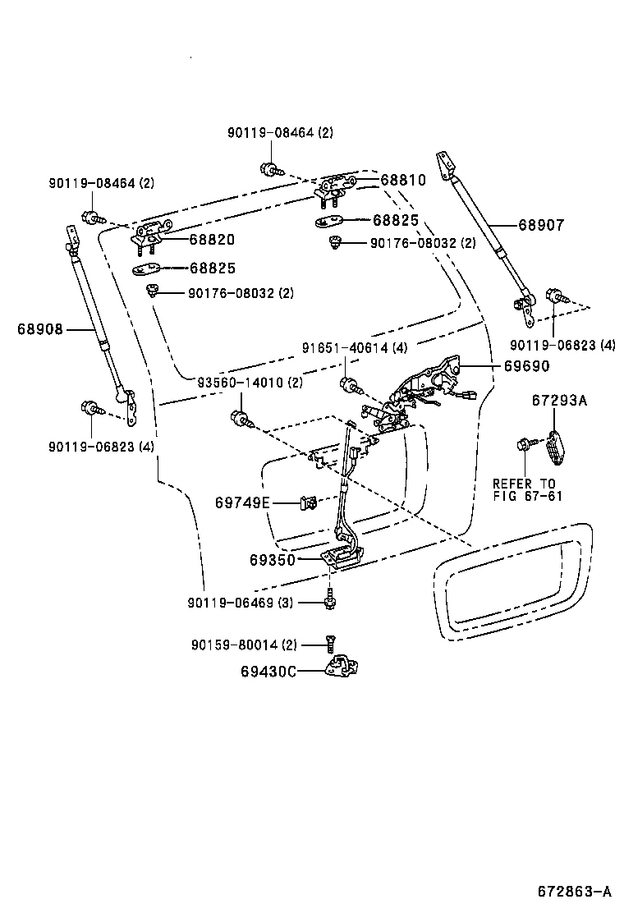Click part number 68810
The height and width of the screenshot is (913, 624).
point(402,180)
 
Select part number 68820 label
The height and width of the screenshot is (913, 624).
point(212,240)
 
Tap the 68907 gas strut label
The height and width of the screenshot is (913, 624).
point(540,225)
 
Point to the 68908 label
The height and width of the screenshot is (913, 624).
point(39,329)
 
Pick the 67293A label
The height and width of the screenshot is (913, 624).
point(559,401)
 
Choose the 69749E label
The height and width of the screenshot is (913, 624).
point(242,502)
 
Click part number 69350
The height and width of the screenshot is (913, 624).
point(273,560)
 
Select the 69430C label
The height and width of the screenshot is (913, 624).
point(268,671)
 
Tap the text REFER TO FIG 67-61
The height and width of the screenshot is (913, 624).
point(525,489)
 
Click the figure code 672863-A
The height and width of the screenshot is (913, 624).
point(575,891)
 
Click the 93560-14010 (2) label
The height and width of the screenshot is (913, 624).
point(250,383)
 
